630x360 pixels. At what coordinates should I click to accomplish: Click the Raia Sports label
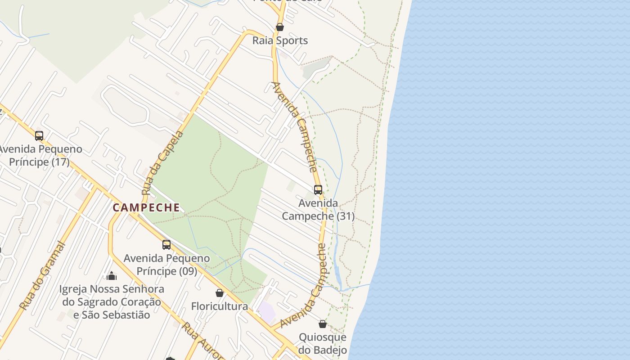coord(280,40)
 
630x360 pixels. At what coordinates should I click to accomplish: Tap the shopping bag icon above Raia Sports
coord(280,27)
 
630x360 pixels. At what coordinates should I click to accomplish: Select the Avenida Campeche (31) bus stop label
coord(318,210)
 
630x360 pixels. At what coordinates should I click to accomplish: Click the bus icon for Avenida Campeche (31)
coord(318,190)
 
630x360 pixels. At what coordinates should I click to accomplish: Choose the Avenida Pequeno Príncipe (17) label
coord(40,155)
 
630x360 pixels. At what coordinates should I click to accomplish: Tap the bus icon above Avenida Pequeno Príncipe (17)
coord(39,135)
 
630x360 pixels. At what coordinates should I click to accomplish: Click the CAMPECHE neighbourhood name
coord(146,207)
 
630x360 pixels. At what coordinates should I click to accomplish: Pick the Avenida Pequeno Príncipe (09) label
coord(166,265)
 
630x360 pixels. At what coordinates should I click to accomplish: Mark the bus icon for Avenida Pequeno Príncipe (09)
coord(166,245)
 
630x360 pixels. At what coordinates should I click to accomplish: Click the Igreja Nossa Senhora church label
coord(112,301)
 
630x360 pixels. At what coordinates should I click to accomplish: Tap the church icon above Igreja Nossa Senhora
coord(112,275)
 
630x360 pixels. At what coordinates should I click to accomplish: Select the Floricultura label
coord(220,306)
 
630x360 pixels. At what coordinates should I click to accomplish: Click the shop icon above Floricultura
coord(220,293)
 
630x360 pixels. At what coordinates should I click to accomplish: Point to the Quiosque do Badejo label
coord(323,344)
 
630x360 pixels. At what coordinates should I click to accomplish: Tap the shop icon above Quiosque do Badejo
coord(323,324)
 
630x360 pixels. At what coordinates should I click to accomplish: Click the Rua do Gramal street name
coord(43,276)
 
